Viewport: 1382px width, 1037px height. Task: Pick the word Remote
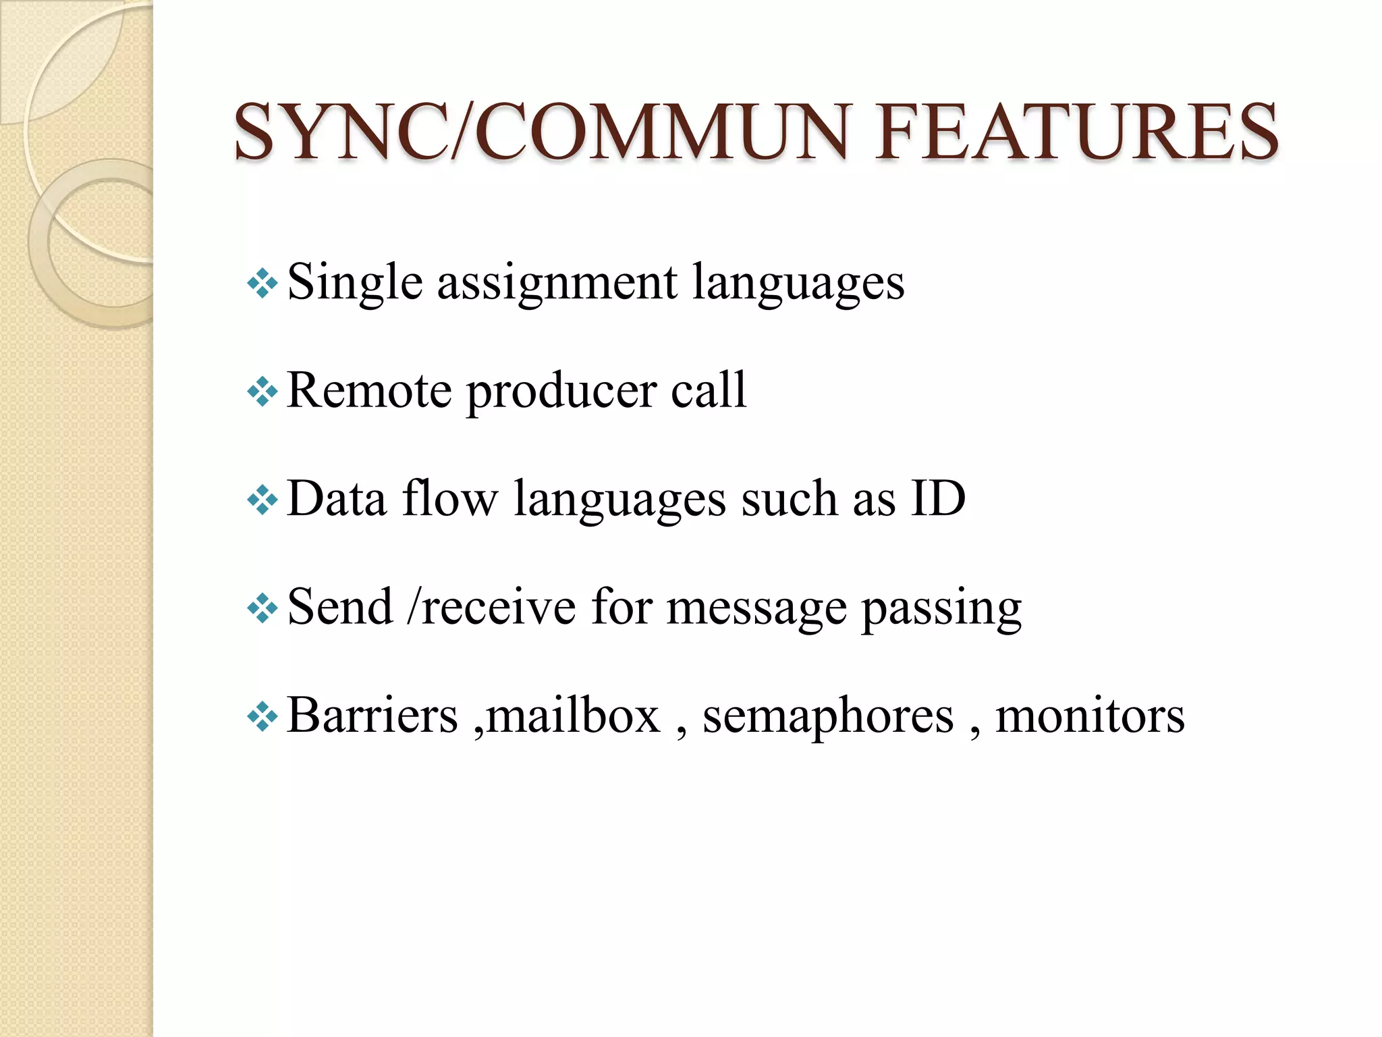click(369, 391)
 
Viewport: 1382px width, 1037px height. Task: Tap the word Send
click(340, 608)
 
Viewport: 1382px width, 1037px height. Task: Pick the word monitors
click(1090, 716)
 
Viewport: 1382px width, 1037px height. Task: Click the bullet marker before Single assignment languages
click(262, 284)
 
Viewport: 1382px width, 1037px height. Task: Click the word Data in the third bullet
click(336, 499)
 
